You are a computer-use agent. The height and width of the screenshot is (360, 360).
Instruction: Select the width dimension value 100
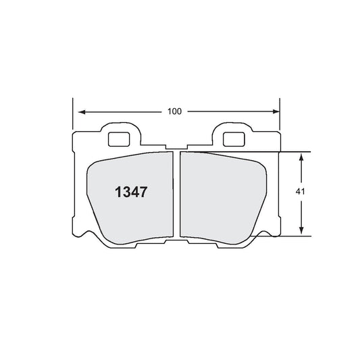pyautogui.click(x=176, y=111)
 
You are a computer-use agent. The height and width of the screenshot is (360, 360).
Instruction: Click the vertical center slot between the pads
pyautogui.click(x=177, y=196)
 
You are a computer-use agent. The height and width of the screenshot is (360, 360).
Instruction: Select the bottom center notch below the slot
pyautogui.click(x=177, y=241)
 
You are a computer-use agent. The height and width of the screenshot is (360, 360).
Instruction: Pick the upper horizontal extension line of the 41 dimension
pyautogui.click(x=290, y=151)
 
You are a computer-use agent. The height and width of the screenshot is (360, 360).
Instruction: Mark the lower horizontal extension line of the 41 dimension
pyautogui.click(x=290, y=236)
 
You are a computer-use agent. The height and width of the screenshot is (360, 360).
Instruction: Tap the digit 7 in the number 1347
pyautogui.click(x=143, y=191)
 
